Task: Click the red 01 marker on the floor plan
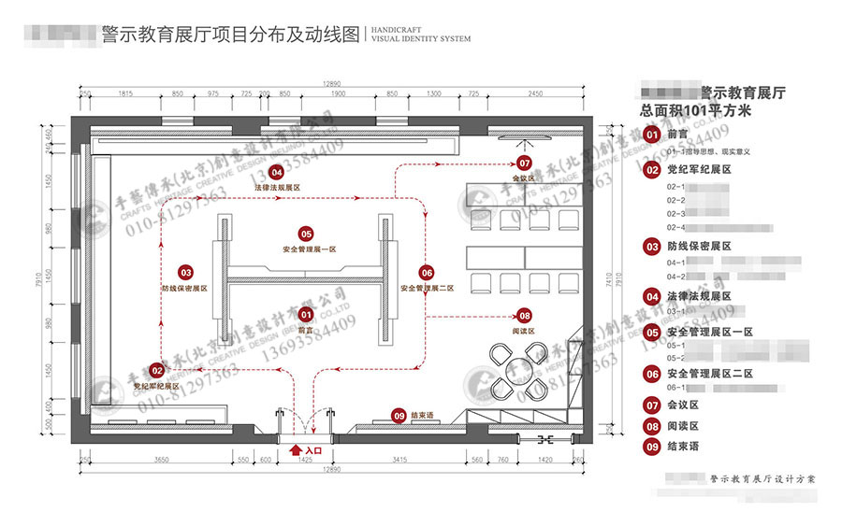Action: coord(305,314)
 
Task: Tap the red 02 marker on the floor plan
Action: coord(155,371)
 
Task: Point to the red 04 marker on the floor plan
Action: coord(276,172)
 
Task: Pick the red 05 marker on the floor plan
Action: coord(305,234)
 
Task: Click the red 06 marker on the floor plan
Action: coord(427,272)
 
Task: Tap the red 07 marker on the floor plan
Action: coord(524,163)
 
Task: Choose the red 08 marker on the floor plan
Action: coord(524,316)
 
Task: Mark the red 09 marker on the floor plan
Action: coord(399,415)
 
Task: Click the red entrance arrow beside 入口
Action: coord(298,450)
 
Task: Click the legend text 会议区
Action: coord(683,405)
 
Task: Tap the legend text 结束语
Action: coord(683,447)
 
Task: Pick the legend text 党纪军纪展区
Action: coord(698,170)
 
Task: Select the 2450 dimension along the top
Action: coord(534,95)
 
